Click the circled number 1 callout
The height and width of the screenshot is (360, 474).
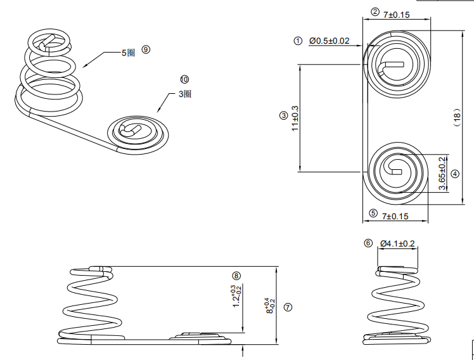(298, 41)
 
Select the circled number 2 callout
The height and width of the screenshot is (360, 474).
(375, 12)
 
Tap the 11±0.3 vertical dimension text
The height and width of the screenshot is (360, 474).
(295, 118)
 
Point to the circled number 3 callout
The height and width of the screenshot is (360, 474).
(283, 116)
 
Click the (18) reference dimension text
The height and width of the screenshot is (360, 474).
(457, 118)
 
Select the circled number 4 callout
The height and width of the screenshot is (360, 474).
(455, 174)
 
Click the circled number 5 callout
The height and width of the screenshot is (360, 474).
(373, 214)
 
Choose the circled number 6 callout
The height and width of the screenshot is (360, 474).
(368, 243)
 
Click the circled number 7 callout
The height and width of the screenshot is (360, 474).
(288, 307)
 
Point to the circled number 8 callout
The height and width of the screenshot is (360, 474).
(236, 276)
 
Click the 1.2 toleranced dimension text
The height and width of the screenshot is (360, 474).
(237, 297)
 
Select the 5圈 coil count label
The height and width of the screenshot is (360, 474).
(129, 53)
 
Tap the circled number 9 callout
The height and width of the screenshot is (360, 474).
(146, 49)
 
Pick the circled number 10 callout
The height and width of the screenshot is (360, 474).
(184, 80)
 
